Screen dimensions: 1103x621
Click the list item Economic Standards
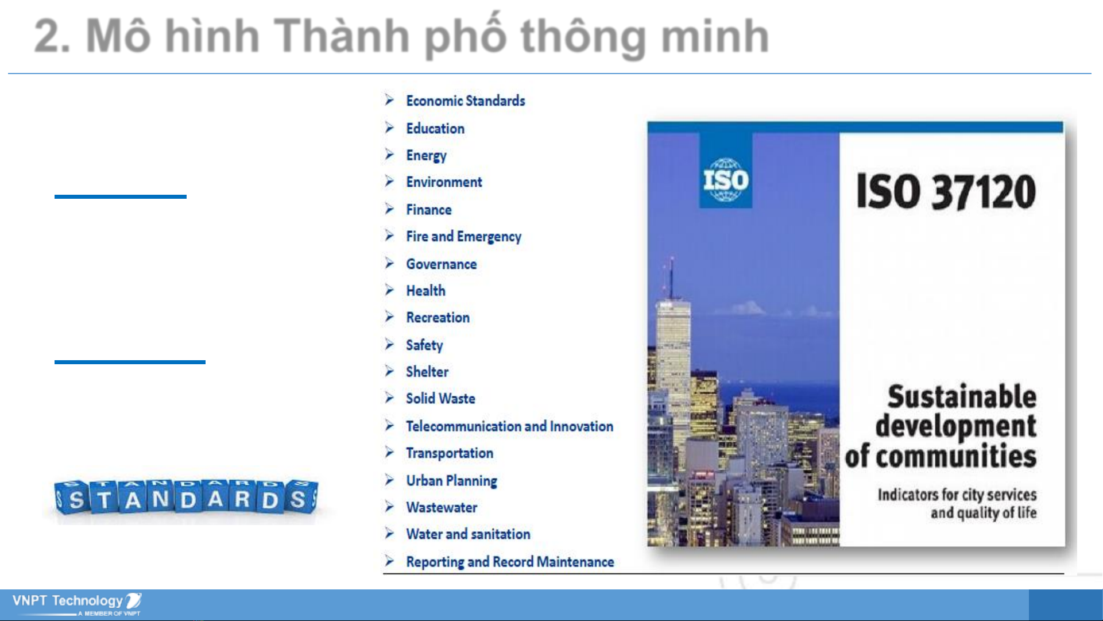[466, 101]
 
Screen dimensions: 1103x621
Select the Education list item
[435, 128]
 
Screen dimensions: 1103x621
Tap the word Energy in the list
[426, 156]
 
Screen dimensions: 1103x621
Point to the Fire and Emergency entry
[464, 237]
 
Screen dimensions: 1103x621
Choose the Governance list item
[442, 264]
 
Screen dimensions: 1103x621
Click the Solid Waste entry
[440, 399]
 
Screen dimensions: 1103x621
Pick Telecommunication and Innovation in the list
[510, 426]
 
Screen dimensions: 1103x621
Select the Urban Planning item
[452, 481]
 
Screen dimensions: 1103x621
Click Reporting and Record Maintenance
[510, 562]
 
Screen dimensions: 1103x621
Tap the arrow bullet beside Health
[390, 290]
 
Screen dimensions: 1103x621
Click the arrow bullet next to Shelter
[390, 371]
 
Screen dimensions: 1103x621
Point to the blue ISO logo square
[726, 171]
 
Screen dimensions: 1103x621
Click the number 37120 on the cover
[984, 192]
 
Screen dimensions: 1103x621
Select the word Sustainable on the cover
[962, 397]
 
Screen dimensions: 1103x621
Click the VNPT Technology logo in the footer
[77, 603]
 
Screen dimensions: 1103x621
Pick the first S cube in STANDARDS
[74, 497]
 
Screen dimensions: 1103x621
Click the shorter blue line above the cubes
[121, 196]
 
